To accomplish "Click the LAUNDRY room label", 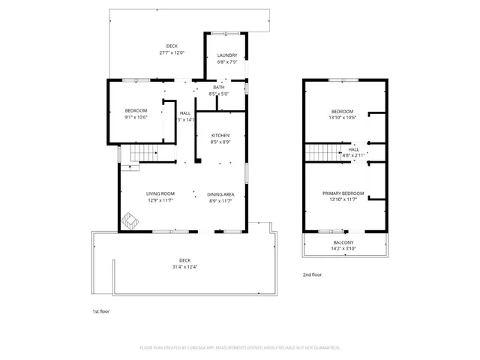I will click(x=227, y=55).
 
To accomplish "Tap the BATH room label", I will click(x=219, y=88).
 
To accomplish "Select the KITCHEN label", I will click(x=220, y=135).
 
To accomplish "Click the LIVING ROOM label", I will click(x=160, y=193).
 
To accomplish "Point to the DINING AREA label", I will click(x=220, y=193).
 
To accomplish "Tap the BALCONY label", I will click(x=344, y=243).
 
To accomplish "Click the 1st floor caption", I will click(x=100, y=310).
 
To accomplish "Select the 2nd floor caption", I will click(x=313, y=275).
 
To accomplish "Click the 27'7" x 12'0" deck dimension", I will click(x=172, y=53).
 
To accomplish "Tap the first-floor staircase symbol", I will click(x=142, y=154).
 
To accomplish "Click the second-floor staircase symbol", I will click(x=323, y=152).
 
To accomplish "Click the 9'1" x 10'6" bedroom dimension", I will click(x=136, y=117).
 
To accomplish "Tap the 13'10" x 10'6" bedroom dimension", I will click(x=343, y=117).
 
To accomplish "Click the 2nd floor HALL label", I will click(x=354, y=149).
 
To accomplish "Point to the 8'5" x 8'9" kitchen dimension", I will click(x=220, y=142).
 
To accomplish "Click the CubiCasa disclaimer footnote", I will click(x=240, y=348).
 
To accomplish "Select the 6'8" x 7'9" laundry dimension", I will click(x=227, y=62).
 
